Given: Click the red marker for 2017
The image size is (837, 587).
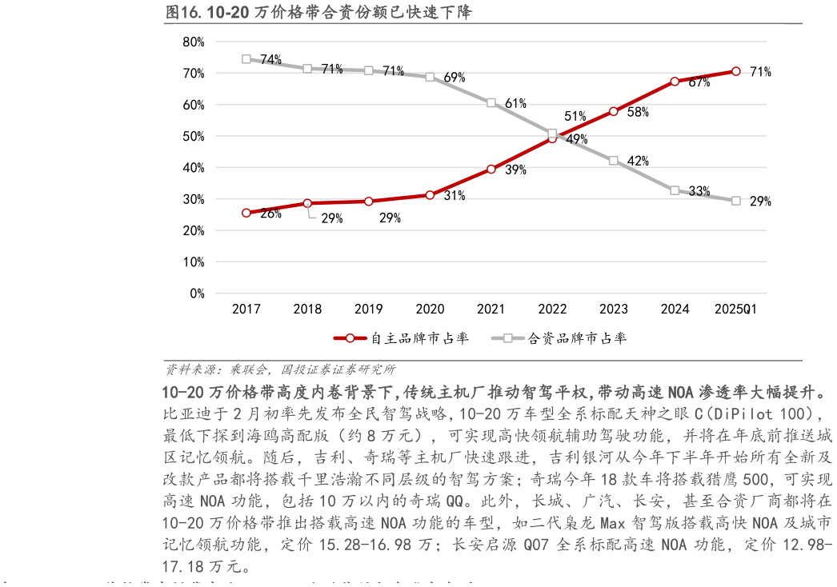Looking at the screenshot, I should click(246, 213).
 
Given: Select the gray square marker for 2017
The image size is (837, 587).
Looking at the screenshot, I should click(246, 59).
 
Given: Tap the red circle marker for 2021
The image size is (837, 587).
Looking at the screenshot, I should click(491, 170).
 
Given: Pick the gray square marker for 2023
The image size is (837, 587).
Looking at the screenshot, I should click(614, 161).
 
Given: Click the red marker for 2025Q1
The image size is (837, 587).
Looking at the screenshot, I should click(736, 71).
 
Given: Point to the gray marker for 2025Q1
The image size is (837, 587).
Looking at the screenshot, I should click(736, 201).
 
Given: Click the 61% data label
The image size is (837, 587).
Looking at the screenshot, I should click(515, 104).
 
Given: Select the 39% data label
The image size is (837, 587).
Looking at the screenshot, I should click(515, 170).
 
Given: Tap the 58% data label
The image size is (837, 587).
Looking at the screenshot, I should click(638, 113).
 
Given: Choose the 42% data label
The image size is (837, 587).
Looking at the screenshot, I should click(638, 162).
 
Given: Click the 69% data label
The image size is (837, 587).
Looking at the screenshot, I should click(454, 78).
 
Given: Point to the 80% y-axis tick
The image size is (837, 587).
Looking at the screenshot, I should click(194, 42).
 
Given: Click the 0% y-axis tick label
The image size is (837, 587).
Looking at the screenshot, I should click(197, 293).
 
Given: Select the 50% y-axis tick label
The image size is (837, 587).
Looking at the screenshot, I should click(194, 136).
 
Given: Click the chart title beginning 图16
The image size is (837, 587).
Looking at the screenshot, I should click(318, 12).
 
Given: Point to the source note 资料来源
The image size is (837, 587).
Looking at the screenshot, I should click(279, 369).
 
